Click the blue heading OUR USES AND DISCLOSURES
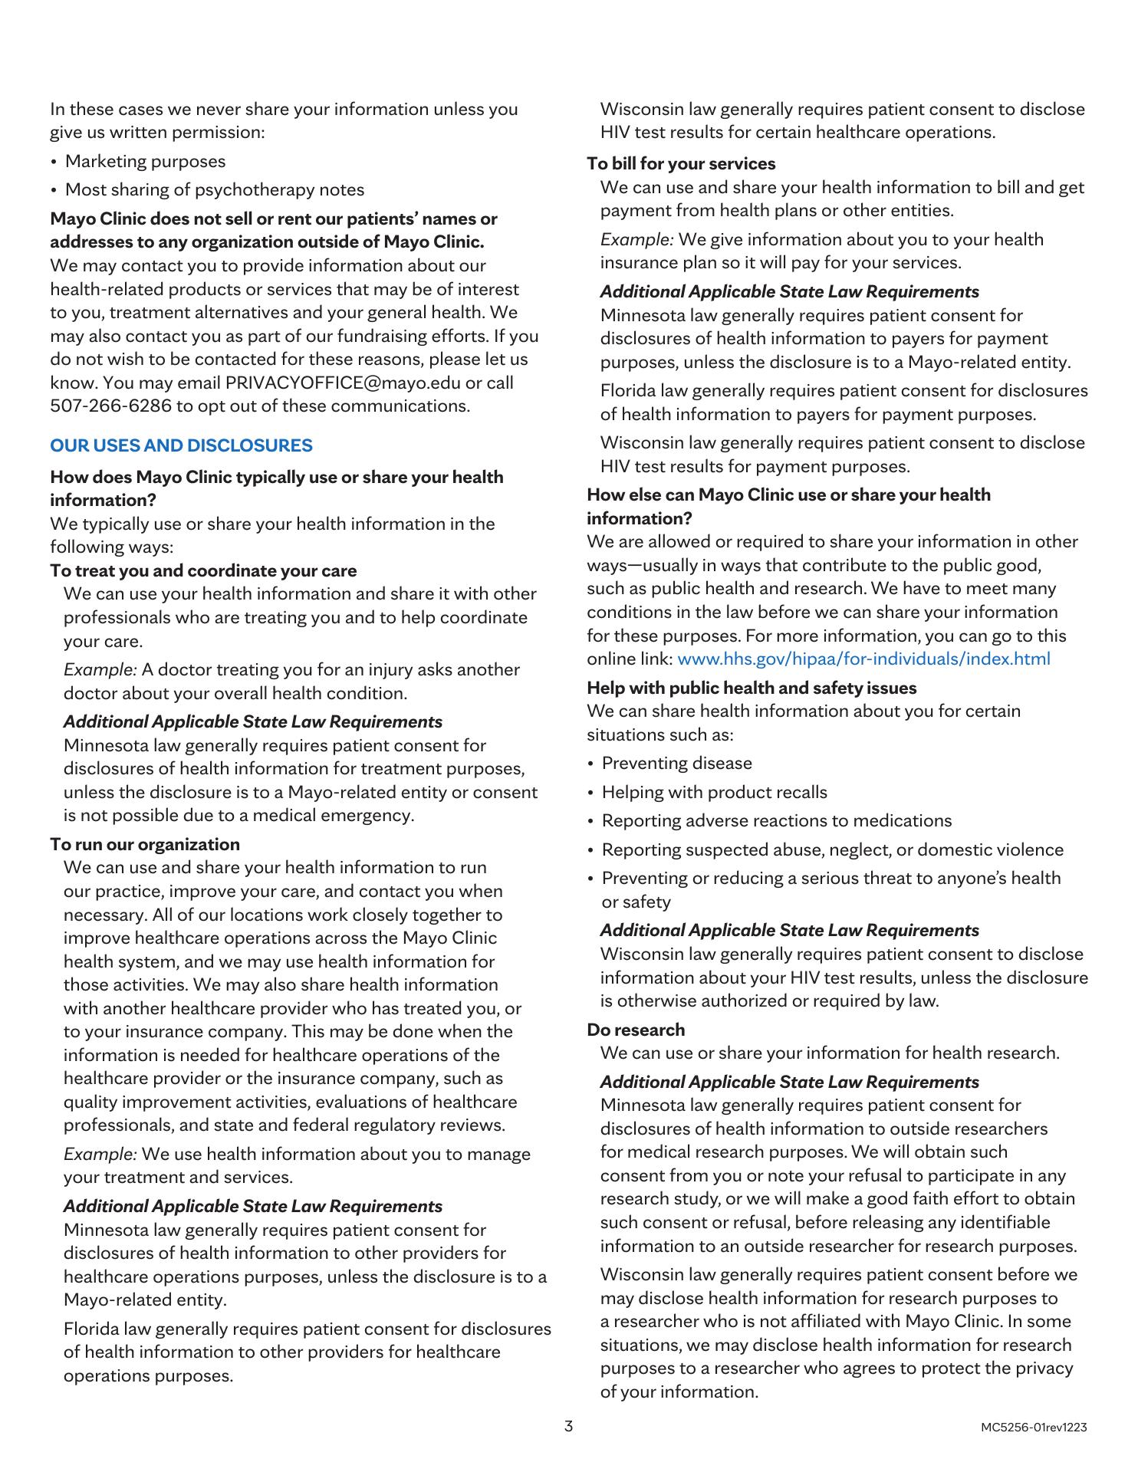click(x=181, y=445)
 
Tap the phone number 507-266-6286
click(x=111, y=406)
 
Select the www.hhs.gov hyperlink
click(x=864, y=659)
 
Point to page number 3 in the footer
click(x=568, y=1427)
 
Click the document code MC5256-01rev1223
click(x=1033, y=1428)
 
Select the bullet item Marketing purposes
click(x=146, y=162)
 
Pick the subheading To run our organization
click(x=145, y=844)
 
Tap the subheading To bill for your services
click(x=681, y=163)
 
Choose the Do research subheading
click(x=636, y=1030)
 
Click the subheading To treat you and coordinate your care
click(x=203, y=570)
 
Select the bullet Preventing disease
click(x=677, y=764)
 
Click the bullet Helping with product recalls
click(x=715, y=792)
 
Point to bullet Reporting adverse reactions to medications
click(x=777, y=821)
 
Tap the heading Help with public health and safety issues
click(x=752, y=688)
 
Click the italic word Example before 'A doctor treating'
click(x=100, y=670)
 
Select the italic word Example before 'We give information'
click(x=636, y=240)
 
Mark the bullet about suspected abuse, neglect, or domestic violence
click(x=833, y=849)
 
